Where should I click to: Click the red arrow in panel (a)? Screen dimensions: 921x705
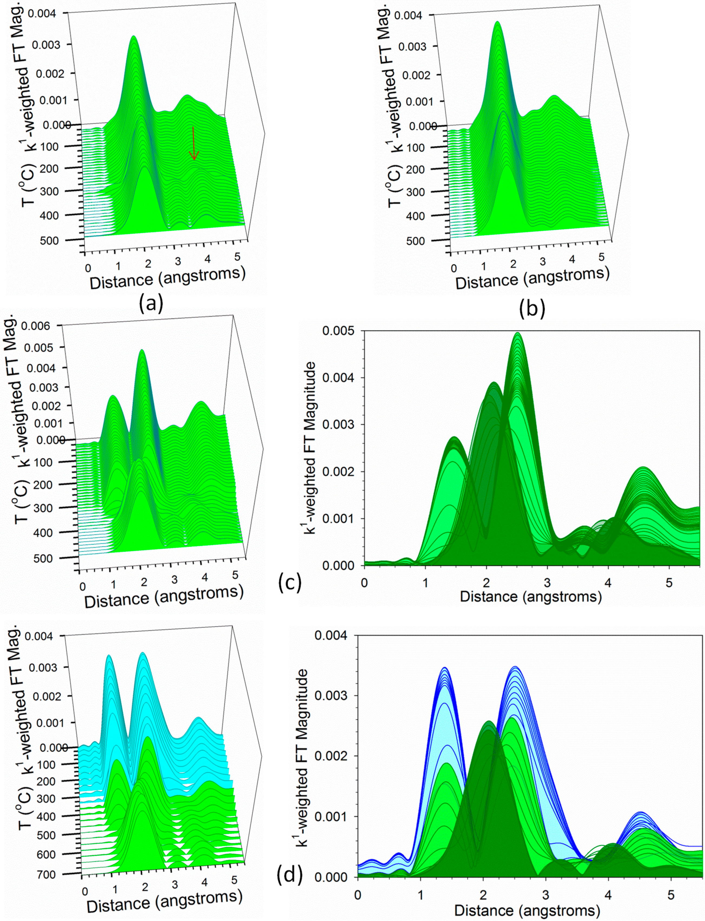pyautogui.click(x=194, y=143)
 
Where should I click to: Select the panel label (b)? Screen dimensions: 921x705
pyautogui.click(x=532, y=308)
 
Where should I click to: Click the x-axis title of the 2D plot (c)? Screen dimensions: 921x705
pyautogui.click(x=531, y=596)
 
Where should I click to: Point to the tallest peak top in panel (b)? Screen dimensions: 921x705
pyautogui.click(x=497, y=23)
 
